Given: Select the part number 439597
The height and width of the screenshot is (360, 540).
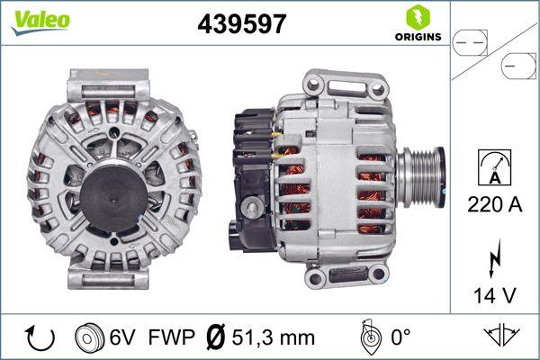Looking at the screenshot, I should [241, 25].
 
